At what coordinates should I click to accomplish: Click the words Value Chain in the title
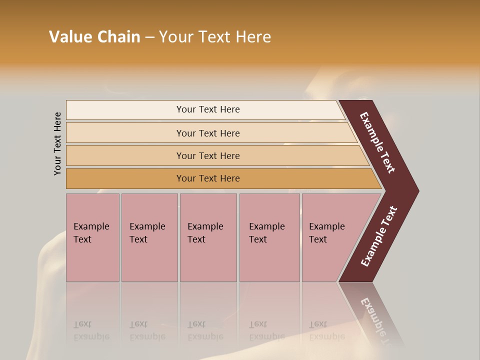pyautogui.click(x=94, y=37)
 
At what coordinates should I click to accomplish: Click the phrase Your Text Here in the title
pyautogui.click(x=215, y=37)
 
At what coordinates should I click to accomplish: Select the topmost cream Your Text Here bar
pyautogui.click(x=207, y=109)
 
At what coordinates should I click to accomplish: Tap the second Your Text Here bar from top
pyautogui.click(x=207, y=133)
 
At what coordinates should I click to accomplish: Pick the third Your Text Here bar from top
pyautogui.click(x=207, y=155)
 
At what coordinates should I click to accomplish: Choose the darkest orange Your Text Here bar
pyautogui.click(x=207, y=178)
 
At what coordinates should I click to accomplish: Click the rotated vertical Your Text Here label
pyautogui.click(x=57, y=143)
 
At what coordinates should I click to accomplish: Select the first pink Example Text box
pyautogui.click(x=92, y=237)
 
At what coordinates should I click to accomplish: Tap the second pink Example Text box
pyautogui.click(x=149, y=237)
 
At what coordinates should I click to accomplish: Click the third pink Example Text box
pyautogui.click(x=207, y=237)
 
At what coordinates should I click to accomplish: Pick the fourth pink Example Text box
pyautogui.click(x=269, y=237)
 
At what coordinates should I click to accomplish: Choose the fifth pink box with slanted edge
pyautogui.click(x=332, y=237)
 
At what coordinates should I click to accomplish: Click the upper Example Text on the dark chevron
pyautogui.click(x=378, y=143)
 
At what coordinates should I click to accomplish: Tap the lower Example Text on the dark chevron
pyautogui.click(x=379, y=236)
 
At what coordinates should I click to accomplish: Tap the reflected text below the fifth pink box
pyautogui.click(x=326, y=330)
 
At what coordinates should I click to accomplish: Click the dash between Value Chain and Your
pyautogui.click(x=149, y=37)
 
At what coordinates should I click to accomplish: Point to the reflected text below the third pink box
pyautogui.click(x=205, y=330)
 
